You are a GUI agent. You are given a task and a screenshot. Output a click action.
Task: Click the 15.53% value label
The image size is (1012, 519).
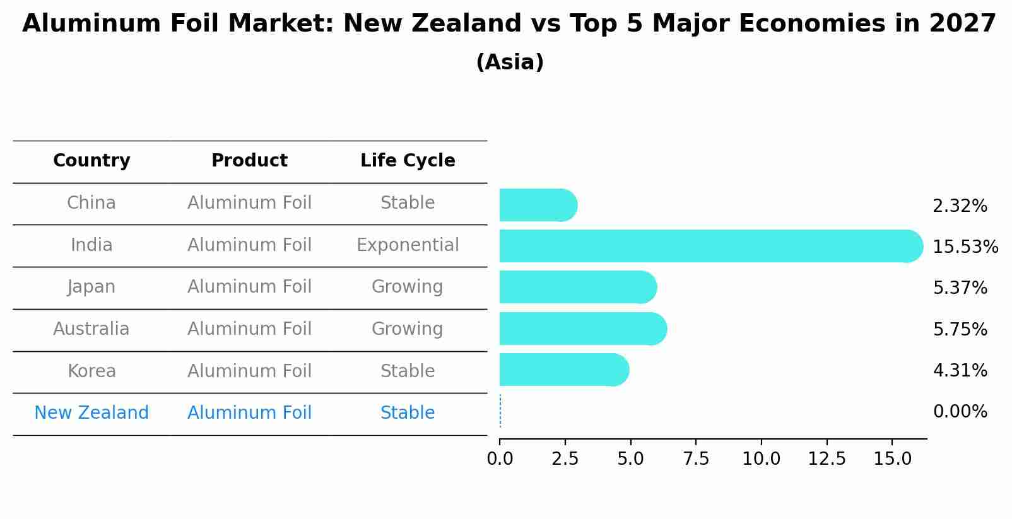965,247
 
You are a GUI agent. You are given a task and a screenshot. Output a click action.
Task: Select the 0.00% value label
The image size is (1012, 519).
960,412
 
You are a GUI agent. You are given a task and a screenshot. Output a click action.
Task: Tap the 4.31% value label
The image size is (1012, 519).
960,370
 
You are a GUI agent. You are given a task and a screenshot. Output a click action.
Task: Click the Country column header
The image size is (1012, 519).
91,161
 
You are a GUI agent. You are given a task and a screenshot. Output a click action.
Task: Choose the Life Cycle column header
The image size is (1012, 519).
408,161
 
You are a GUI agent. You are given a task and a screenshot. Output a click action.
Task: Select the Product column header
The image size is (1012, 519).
249,161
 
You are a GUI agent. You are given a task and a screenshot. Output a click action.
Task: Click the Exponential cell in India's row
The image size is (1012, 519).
408,245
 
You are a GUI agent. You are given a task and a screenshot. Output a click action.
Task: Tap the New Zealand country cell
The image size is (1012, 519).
91,412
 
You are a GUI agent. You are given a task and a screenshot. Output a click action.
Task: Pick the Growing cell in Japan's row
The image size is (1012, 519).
408,287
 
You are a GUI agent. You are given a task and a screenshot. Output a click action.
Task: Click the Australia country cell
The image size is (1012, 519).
91,329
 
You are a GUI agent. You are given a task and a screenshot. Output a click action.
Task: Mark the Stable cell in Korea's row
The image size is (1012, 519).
408,371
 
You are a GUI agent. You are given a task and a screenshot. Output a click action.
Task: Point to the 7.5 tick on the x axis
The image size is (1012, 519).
696,458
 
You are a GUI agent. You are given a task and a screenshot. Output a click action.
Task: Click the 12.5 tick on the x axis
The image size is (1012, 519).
827,458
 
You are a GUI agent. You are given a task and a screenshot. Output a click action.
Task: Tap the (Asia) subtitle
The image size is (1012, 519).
510,62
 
